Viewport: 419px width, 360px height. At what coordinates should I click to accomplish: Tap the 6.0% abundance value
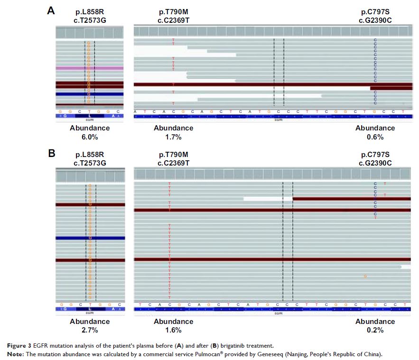[x=90, y=137]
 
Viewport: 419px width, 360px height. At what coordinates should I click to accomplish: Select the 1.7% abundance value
[x=173, y=137]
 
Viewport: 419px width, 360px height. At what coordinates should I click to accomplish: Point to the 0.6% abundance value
[x=375, y=137]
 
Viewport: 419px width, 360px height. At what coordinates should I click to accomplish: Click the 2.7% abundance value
[x=90, y=330]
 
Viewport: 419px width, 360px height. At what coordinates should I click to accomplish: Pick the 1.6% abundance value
[x=173, y=330]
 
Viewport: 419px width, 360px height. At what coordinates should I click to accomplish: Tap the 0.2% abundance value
[x=375, y=330]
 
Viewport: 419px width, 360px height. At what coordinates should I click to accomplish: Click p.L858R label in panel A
[x=90, y=11]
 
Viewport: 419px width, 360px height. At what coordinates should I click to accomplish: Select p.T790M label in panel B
[x=173, y=155]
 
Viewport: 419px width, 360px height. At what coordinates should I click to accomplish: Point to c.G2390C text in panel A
[x=375, y=20]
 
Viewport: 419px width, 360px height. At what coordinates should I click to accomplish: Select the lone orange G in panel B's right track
[x=365, y=276]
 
